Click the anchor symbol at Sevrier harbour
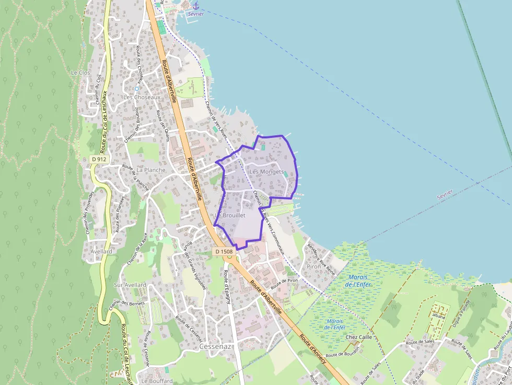pos(196,6)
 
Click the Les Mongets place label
pos(266,172)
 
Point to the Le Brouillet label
pos(230,215)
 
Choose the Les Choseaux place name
pos(142,97)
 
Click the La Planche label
pos(151,170)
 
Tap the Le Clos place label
pos(80,73)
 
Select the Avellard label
pos(101,251)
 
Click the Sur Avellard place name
pos(130,285)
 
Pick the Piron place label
pos(314,266)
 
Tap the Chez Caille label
pos(358,337)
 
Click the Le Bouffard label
pos(157,381)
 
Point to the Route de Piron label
pos(285,281)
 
